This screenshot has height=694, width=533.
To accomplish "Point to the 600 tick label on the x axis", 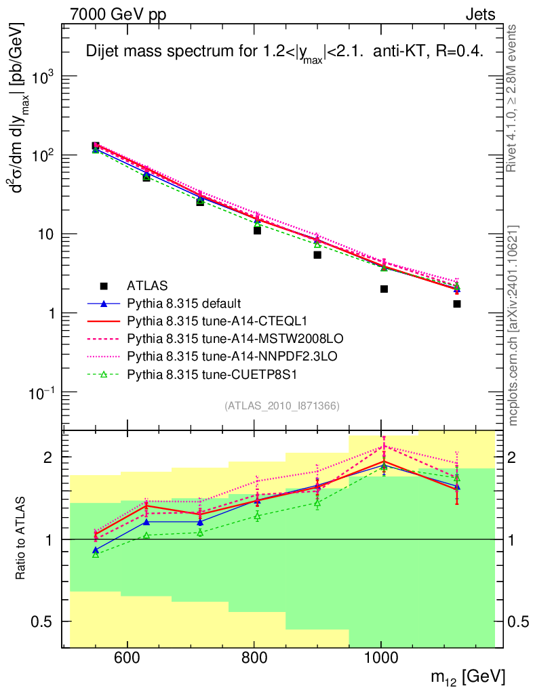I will tap(127, 657).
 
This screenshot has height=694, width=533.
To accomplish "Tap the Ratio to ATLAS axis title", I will tap(23, 539).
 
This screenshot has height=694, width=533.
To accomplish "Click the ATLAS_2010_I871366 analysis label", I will tap(281, 406).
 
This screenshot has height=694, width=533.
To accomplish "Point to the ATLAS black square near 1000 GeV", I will tap(384, 289).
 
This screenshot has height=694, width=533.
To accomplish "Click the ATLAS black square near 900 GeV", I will tap(317, 255).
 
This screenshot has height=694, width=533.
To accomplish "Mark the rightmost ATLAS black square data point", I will tap(457, 304).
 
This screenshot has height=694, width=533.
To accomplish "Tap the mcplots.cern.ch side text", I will tap(513, 325).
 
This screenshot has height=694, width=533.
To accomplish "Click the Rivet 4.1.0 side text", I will tap(513, 98).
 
